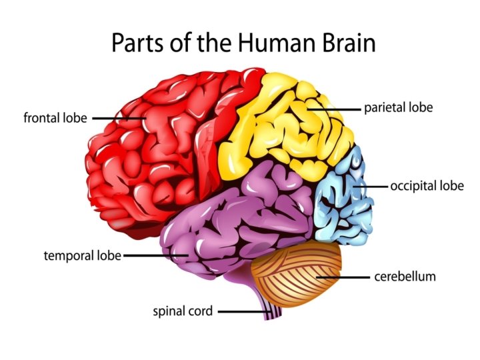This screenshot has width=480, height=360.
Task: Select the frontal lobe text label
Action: tap(55, 119)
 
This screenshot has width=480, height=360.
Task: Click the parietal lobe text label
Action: tap(398, 107)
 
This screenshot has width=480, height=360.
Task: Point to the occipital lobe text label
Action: tap(427, 186)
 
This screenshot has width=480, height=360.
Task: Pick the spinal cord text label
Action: tap(183, 311)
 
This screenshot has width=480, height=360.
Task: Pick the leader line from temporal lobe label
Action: tap(153, 255)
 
